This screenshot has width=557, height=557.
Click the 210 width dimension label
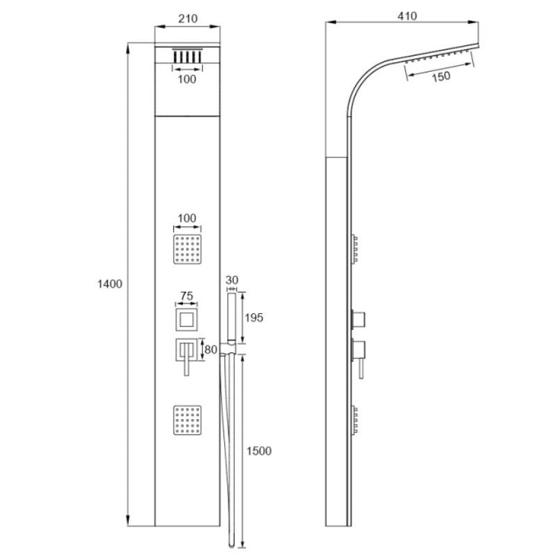(187, 19)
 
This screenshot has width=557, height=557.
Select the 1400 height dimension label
(110, 284)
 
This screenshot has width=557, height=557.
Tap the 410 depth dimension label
(407, 16)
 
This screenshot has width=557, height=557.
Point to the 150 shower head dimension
(441, 77)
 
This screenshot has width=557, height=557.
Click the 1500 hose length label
(259, 450)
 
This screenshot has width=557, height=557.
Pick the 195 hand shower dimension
(254, 317)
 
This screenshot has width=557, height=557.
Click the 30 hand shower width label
(232, 280)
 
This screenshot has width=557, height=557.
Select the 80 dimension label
(211, 350)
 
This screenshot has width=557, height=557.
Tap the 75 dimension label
(187, 295)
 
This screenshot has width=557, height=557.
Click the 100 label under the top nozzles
(187, 79)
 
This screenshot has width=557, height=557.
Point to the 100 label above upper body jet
(187, 218)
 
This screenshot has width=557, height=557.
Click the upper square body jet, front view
(187, 249)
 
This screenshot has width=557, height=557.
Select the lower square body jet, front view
(187, 420)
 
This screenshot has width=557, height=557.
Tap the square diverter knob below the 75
(187, 320)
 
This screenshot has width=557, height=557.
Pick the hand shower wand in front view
(232, 317)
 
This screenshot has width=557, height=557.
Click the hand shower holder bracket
(228, 350)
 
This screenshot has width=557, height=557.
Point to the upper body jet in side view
(354, 249)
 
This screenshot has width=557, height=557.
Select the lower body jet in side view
(354, 420)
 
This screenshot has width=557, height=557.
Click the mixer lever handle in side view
(361, 370)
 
